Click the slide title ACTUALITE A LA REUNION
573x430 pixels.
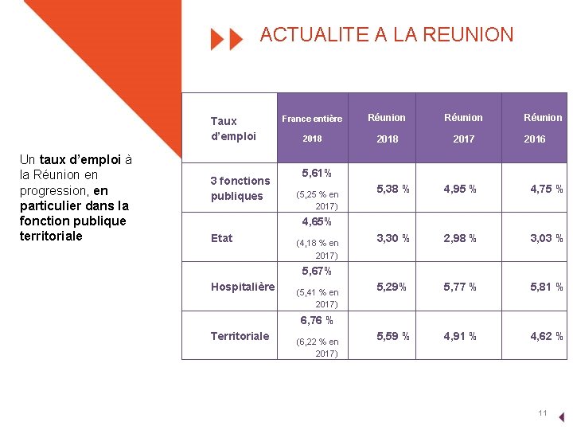click(387, 35)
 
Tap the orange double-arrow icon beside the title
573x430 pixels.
click(226, 38)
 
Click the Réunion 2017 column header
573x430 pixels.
click(463, 127)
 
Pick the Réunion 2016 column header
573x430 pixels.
click(543, 127)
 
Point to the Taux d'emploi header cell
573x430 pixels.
click(233, 128)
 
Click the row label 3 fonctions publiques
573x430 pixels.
click(240, 189)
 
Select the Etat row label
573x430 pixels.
click(222, 238)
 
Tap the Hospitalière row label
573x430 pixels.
click(243, 287)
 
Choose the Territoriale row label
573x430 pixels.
click(240, 336)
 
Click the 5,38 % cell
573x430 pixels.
click(394, 190)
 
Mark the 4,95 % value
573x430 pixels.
click(461, 190)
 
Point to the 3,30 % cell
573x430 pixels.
click(394, 238)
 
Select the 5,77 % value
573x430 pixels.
click(461, 287)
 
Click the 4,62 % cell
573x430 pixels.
click(547, 336)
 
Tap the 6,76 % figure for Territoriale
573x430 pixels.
click(316, 321)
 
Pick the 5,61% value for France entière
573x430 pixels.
click(317, 173)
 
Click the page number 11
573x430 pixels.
click(543, 413)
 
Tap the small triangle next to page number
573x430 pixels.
click(562, 416)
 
